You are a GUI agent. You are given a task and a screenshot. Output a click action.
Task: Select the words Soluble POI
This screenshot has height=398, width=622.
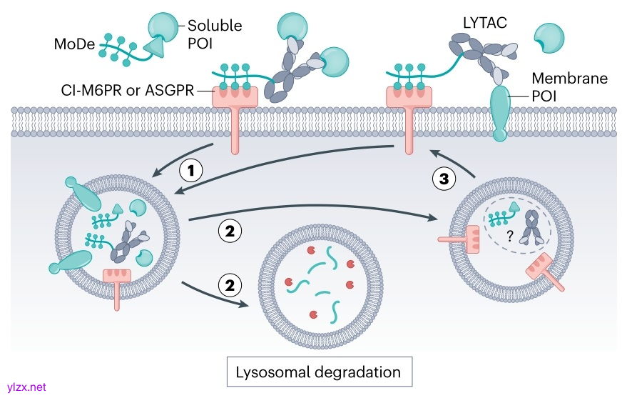point(214,34)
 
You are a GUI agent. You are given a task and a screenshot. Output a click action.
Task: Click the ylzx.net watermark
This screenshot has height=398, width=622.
point(24,387)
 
